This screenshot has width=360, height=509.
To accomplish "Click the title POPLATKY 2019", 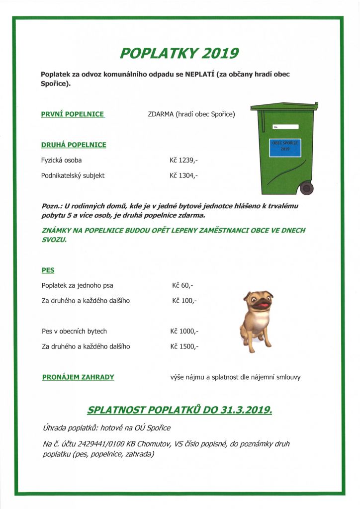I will pos(180,53).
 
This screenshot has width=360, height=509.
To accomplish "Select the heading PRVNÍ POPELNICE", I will pos(73,114).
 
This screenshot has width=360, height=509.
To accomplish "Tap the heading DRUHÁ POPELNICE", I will pos(74,145).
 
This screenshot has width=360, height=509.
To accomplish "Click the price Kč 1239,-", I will pos(184,161).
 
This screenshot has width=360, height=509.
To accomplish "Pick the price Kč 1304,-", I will pos(184,175).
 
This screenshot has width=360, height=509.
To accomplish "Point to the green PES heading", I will pos(48,270).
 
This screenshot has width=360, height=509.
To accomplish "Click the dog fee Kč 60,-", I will pos(182,286).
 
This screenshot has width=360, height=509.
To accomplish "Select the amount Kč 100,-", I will pos(184,301).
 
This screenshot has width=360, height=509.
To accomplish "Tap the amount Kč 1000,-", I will pos(184,331).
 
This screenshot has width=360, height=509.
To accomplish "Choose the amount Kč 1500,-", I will pos(184,346).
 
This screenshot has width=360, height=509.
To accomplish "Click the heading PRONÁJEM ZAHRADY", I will pos(78,377).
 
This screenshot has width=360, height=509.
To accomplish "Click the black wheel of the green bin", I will pos(307,188).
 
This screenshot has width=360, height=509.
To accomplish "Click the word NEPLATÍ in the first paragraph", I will pos(200,75).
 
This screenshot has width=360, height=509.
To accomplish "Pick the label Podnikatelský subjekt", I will pos(73,175).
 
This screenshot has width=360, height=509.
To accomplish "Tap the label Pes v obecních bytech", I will pos(75,331).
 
